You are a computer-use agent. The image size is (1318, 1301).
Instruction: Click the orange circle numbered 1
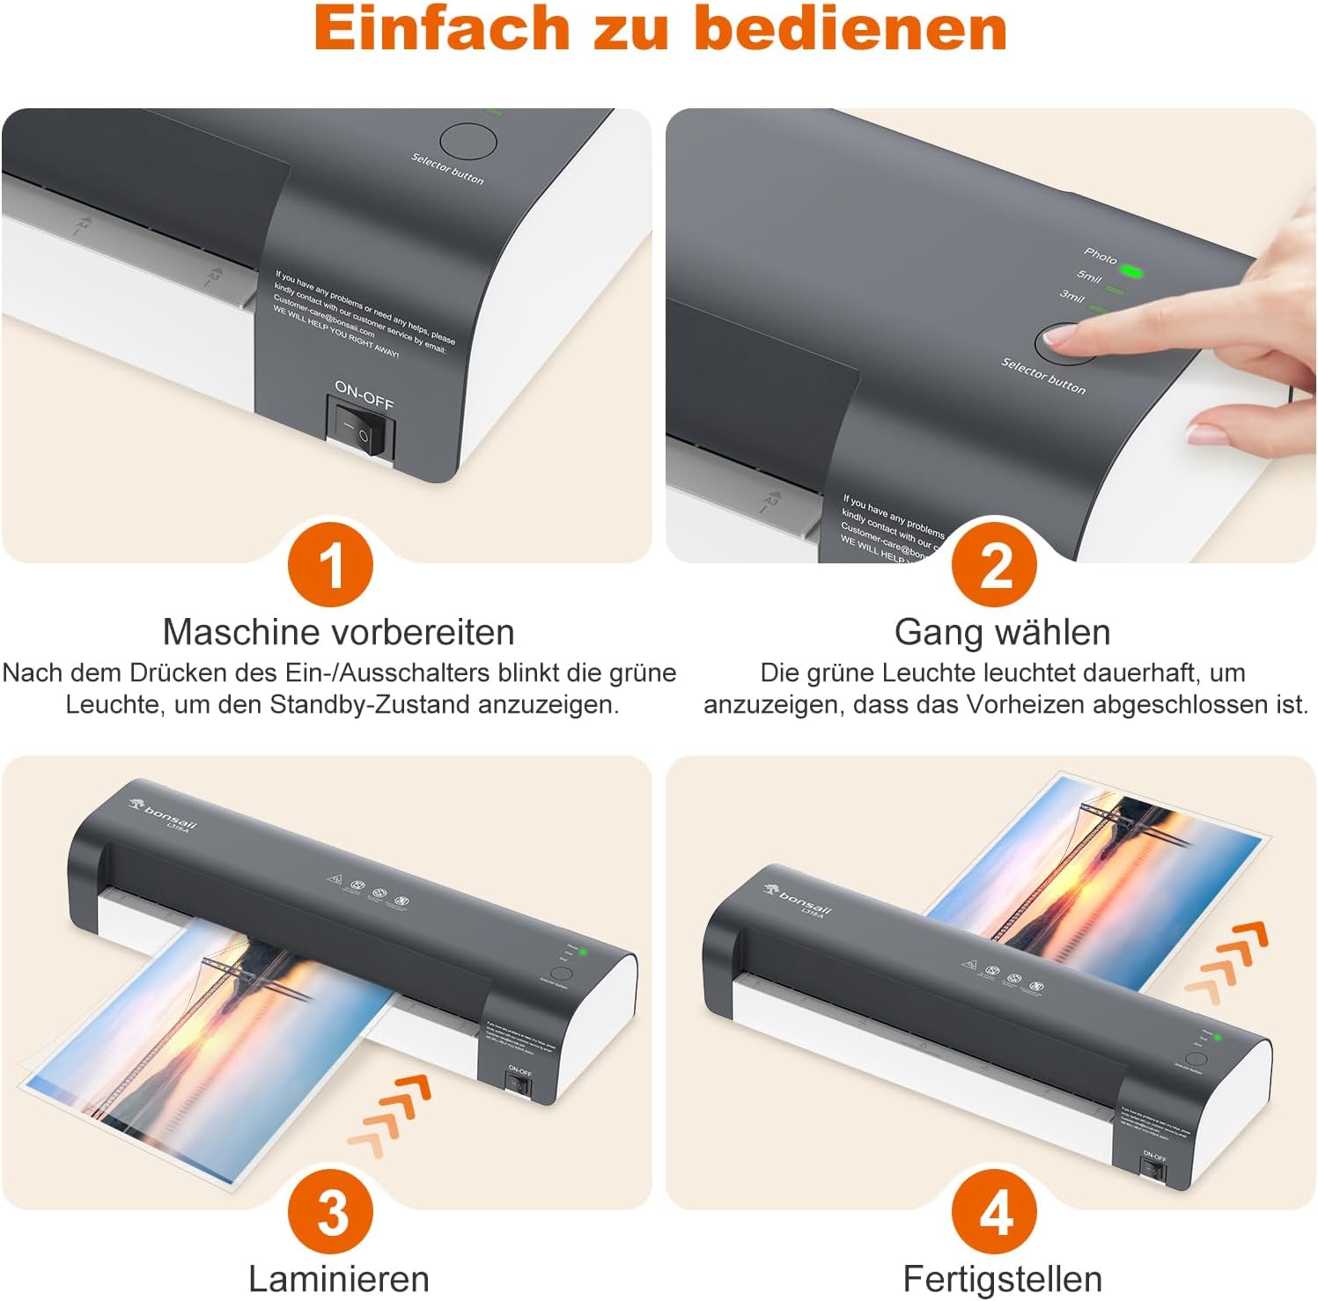331,564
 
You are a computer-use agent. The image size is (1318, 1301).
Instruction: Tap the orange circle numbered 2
995,564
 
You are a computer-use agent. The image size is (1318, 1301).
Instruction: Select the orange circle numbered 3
331,1212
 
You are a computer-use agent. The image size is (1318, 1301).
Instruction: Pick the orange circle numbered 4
995,1212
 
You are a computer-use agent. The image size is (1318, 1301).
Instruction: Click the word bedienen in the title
850,28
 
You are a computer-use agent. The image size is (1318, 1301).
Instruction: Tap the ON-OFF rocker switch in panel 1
361,427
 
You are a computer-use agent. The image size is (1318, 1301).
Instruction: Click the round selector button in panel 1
468,141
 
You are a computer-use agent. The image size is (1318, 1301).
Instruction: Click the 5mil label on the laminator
1089,277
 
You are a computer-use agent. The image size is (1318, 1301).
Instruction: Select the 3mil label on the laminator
1071,296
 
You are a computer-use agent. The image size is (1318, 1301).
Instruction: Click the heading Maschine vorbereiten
338,632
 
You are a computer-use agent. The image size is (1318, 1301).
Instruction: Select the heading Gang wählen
1002,632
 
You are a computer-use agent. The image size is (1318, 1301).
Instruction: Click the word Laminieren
338,1278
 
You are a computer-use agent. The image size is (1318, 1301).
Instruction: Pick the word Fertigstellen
1002,1278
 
